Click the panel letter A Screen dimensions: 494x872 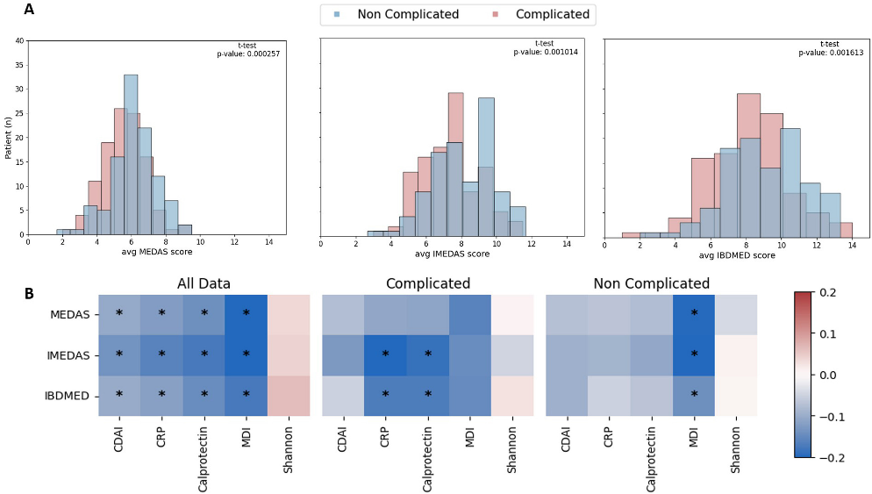click(30, 10)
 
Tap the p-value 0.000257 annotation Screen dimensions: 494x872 click(248, 54)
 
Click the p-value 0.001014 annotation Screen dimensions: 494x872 click(545, 52)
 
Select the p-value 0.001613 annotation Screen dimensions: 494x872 click(829, 52)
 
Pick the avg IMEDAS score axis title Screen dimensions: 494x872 click(451, 254)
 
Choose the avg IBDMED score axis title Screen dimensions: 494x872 click(737, 255)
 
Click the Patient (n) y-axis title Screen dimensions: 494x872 click(9, 139)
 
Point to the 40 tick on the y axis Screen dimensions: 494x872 click(19, 41)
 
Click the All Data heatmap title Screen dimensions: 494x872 click(204, 283)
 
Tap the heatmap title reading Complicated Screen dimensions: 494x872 click(427, 283)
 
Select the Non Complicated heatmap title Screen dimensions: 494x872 click(651, 283)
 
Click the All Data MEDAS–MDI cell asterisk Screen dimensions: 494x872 click(246, 313)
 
